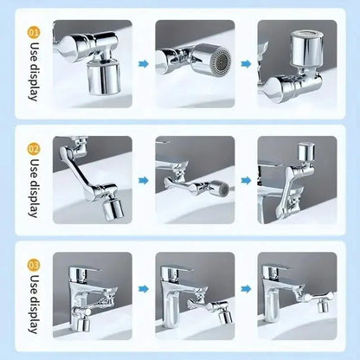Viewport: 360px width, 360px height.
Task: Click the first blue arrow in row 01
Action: [x=143, y=61]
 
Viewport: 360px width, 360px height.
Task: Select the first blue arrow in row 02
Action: [x=143, y=180]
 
